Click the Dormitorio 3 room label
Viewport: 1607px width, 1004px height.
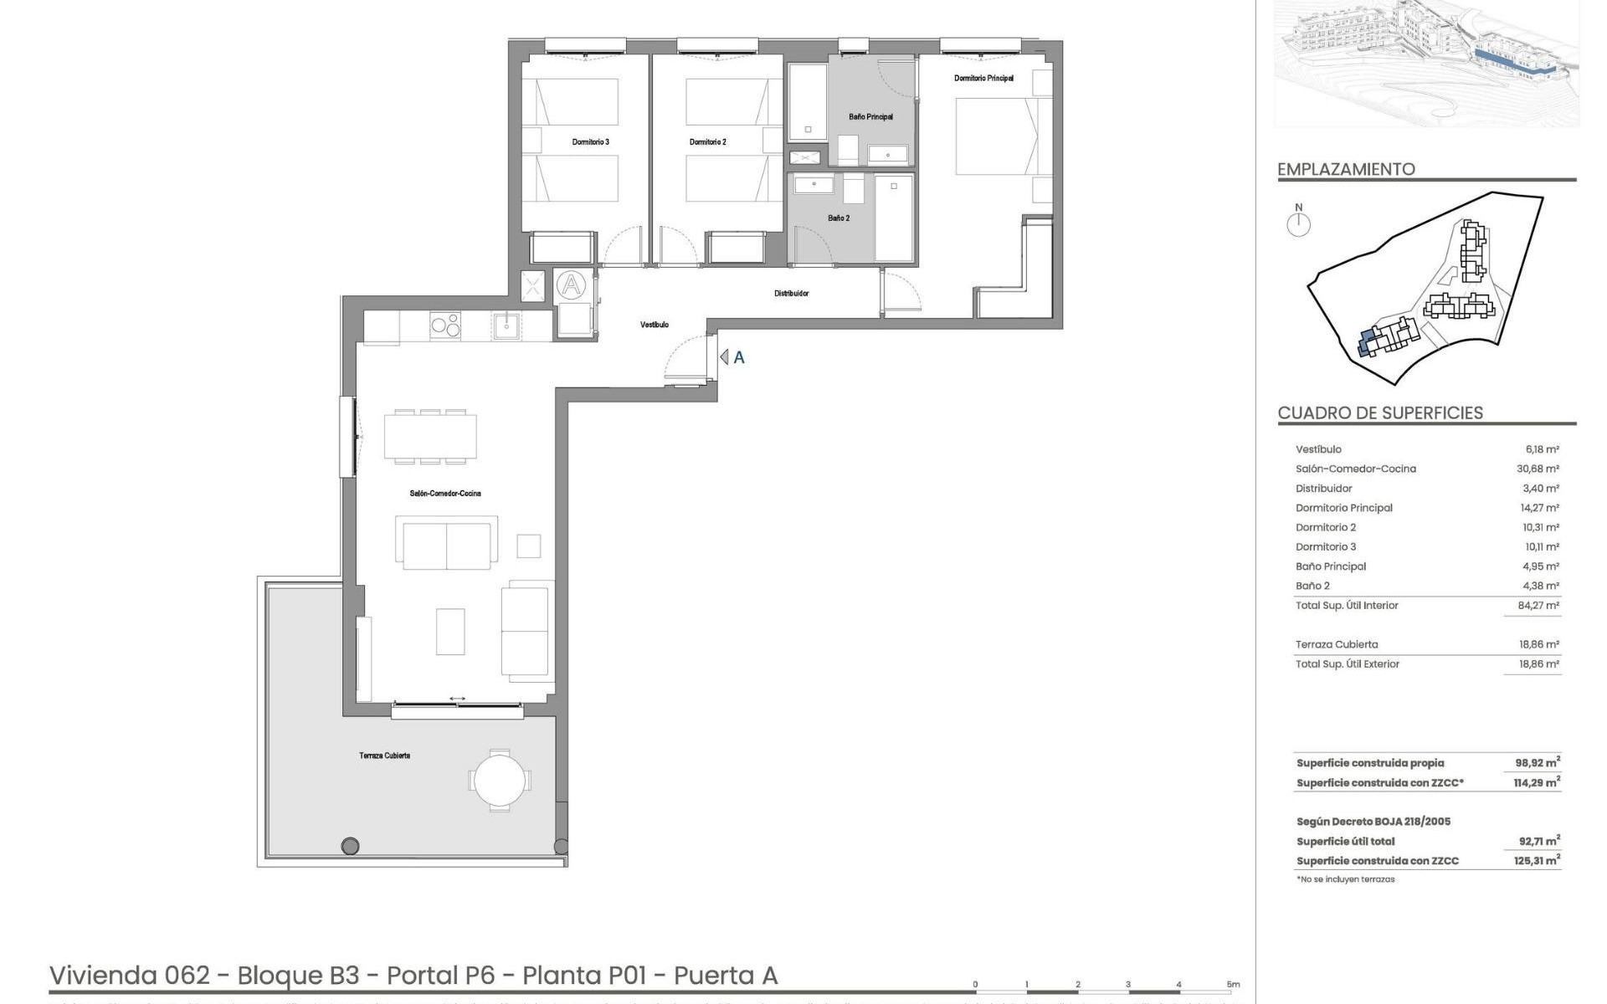click(590, 142)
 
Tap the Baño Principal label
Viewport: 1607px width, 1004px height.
click(870, 117)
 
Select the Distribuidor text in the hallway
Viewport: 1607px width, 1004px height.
click(791, 294)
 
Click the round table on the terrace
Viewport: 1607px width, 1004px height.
click(499, 781)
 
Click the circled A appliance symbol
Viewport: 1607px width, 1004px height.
click(572, 285)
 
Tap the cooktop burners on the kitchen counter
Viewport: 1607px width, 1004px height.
click(444, 325)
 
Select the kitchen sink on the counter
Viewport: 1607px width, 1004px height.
click(506, 325)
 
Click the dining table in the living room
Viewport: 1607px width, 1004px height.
click(430, 436)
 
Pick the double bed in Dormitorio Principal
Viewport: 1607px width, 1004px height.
click(996, 136)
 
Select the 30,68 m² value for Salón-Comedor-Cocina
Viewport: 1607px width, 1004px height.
click(1540, 469)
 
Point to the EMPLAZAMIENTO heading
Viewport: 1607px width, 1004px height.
click(1346, 169)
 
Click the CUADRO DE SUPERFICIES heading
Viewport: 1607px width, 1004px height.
click(1380, 412)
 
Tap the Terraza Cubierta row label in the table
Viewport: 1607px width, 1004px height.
click(1336, 644)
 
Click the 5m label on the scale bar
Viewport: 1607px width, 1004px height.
click(1233, 985)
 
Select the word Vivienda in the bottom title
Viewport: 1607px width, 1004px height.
click(103, 976)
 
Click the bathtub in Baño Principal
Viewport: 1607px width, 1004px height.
click(808, 102)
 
